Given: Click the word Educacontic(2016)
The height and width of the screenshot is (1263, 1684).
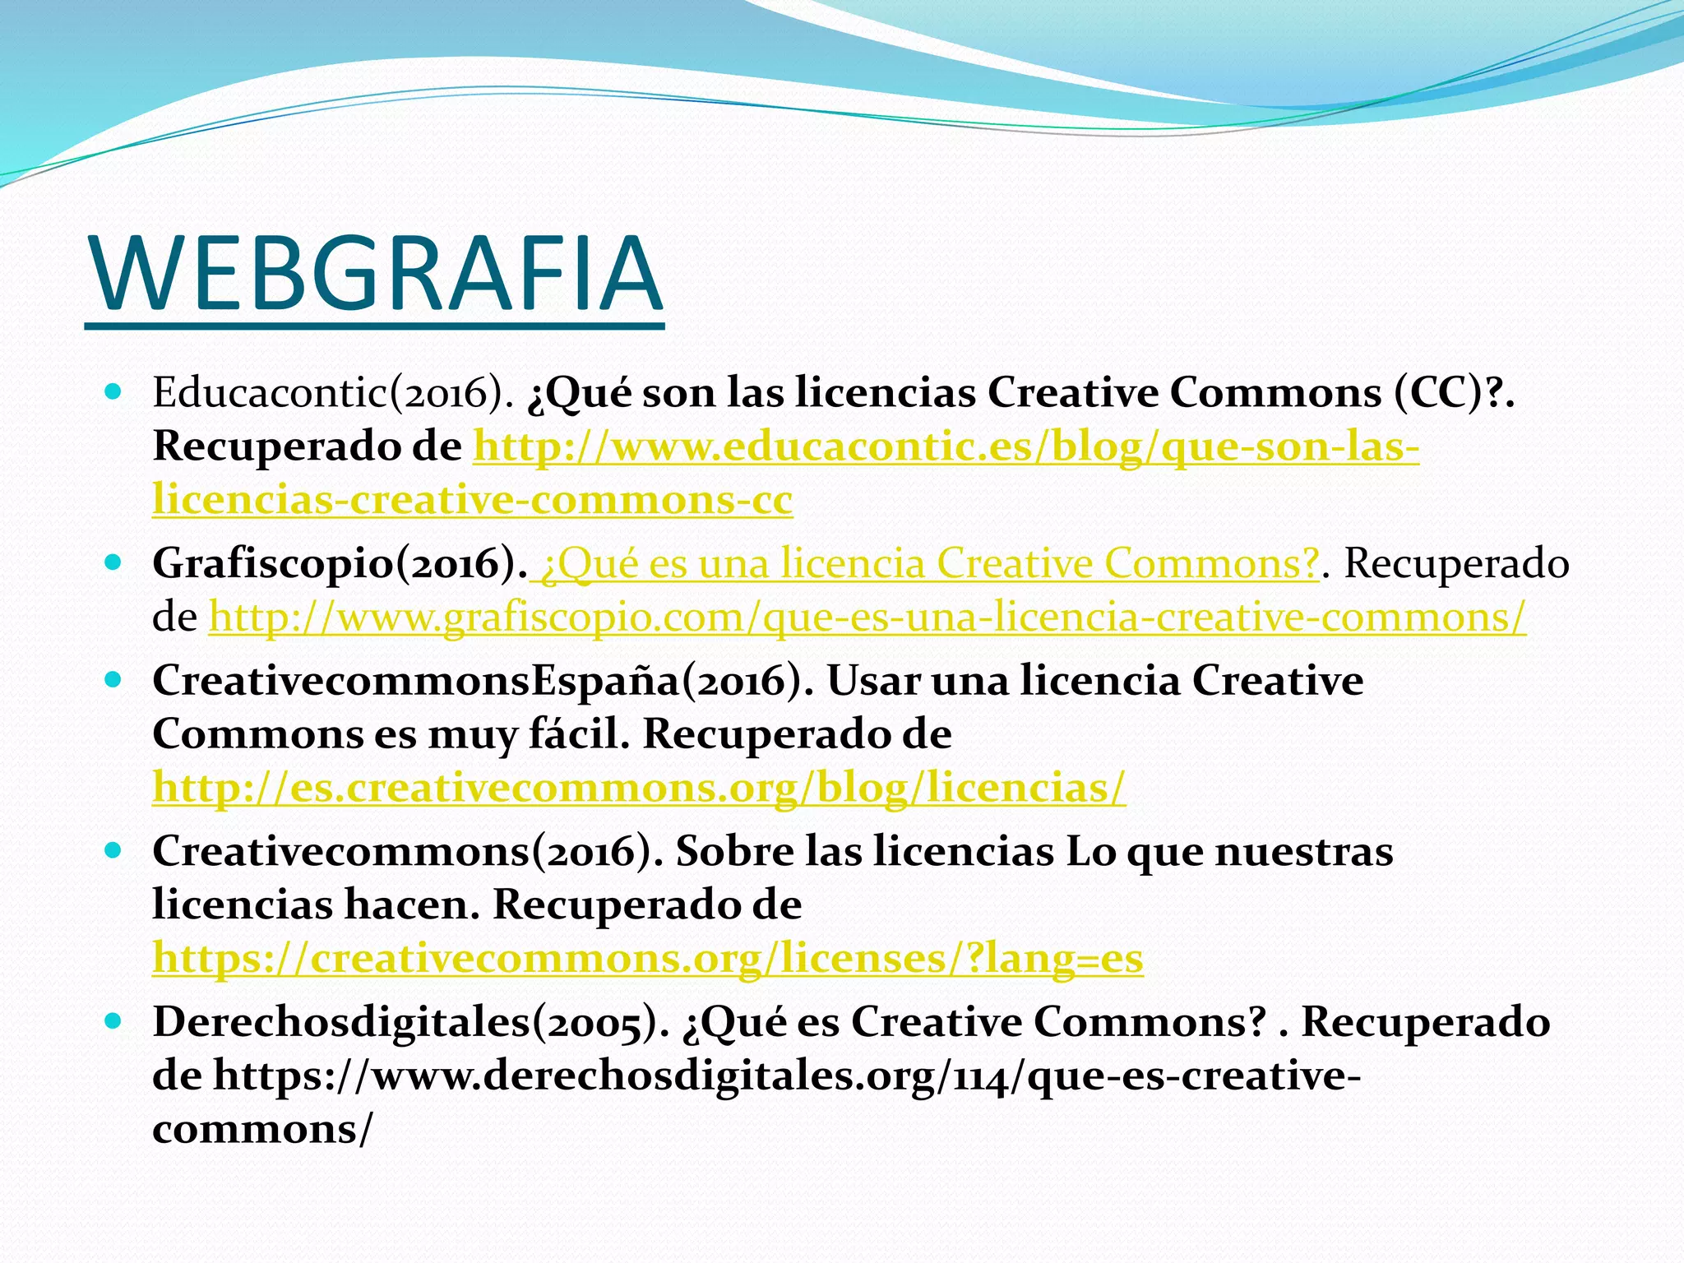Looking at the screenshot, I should pyautogui.click(x=332, y=394).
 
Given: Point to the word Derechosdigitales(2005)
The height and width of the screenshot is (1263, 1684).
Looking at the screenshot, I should pyautogui.click(x=410, y=1023).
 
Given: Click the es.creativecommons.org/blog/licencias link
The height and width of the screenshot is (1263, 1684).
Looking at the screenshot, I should pyautogui.click(x=639, y=788).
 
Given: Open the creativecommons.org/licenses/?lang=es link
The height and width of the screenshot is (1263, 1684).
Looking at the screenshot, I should pyautogui.click(x=648, y=958).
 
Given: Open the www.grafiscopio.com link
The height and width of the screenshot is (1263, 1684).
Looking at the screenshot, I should pyautogui.click(x=867, y=618).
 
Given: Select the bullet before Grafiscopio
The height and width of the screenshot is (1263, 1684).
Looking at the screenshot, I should pyautogui.click(x=113, y=562).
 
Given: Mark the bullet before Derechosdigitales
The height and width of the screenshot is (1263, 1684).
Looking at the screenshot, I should pyautogui.click(x=113, y=1021).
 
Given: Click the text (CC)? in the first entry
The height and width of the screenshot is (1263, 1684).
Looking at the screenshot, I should pyautogui.click(x=1449, y=394).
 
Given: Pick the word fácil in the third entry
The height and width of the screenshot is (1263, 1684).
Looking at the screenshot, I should pyautogui.click(x=579, y=735).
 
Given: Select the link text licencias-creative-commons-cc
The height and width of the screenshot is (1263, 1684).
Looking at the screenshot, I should pyautogui.click(x=473, y=501).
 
